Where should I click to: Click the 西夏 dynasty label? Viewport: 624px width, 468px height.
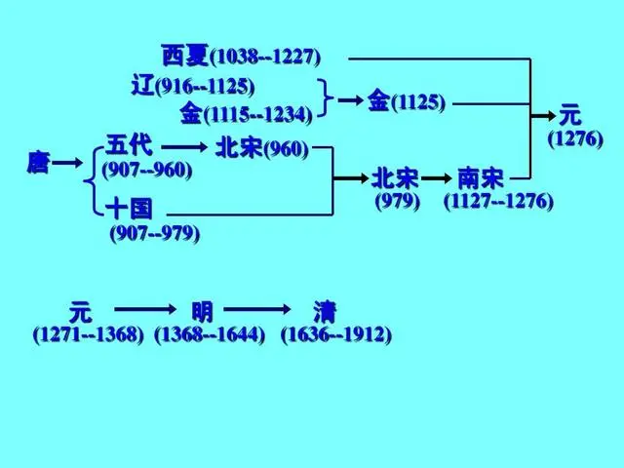coord(185,55)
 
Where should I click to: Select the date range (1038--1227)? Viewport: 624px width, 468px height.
coord(265,57)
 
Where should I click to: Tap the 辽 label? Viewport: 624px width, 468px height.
coord(143,86)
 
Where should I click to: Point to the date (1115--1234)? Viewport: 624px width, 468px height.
coord(257,115)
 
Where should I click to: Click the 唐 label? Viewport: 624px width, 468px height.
coord(39,162)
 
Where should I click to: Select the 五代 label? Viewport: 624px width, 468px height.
coord(129,145)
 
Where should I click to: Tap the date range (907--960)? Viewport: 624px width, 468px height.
coord(147,171)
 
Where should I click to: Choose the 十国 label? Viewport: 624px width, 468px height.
coord(129,209)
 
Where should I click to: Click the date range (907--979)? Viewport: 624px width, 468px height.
coord(155,233)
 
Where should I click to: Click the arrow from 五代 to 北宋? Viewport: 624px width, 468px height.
coord(184,147)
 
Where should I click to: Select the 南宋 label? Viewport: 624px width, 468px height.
coord(481,178)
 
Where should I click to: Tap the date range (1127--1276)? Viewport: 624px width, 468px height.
coord(498,201)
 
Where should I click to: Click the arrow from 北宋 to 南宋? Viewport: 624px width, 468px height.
coord(436,178)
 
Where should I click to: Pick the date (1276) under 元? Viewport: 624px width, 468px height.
coord(575,138)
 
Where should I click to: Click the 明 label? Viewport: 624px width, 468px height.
coord(202,312)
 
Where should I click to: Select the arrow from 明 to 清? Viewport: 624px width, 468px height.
coord(257,309)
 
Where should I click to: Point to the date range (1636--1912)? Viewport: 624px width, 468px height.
coord(336,334)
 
